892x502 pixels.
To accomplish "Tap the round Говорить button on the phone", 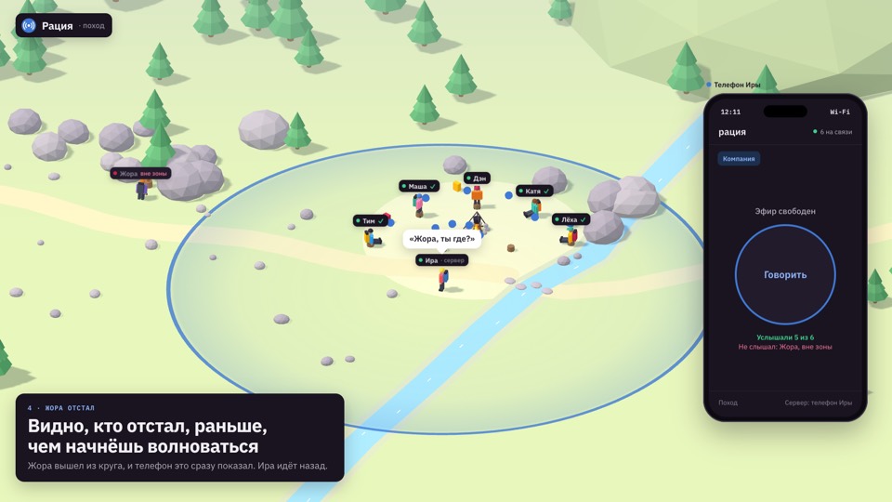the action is point(785,274).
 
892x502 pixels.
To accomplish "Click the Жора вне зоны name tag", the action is point(140,173).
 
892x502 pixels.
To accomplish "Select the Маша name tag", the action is point(419,186).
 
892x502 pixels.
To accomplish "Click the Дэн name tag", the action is point(477,178).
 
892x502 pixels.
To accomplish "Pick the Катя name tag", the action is point(534,191).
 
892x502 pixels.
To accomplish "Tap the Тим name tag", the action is point(370,220).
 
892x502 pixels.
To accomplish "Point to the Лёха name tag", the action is point(571,219).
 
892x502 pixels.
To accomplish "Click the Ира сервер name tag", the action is point(442,260).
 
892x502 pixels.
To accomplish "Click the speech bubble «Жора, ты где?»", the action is point(442,239).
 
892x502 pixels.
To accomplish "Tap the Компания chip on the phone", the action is point(739,159).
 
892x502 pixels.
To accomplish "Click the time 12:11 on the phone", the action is point(730,112).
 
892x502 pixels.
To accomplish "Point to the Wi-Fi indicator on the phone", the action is point(840,112).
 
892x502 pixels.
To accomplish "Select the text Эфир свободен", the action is point(785,211).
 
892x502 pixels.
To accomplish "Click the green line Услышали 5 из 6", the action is point(785,337).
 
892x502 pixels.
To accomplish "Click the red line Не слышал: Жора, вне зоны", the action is point(785,347).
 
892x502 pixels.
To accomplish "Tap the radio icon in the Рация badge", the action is point(29,26).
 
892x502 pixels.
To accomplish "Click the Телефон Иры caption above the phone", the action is point(737,85).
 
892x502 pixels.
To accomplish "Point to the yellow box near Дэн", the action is point(456,186).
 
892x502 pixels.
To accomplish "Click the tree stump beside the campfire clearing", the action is point(511,248).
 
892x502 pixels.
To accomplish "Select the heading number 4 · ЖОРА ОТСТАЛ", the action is point(61,408).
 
